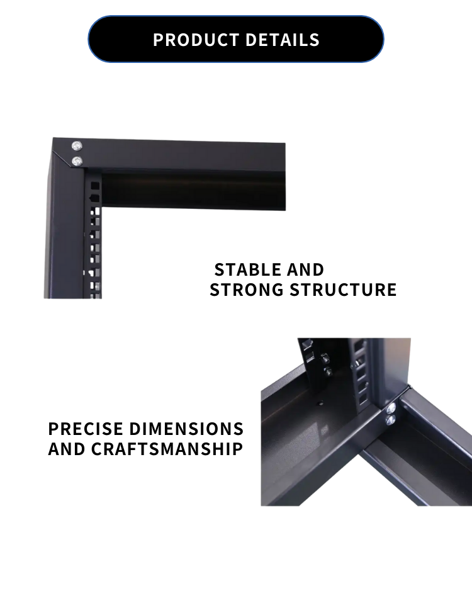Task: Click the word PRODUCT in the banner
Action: point(196,40)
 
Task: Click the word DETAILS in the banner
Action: point(283,40)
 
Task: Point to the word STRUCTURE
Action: point(343,290)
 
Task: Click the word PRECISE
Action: point(86,429)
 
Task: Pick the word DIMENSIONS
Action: point(186,429)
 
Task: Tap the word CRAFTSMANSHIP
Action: point(167,449)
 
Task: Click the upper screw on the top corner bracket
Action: point(77,145)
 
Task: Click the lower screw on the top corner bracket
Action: point(77,161)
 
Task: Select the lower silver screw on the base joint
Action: point(391,420)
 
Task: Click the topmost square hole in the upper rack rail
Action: point(95,186)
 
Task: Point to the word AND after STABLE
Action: point(305,269)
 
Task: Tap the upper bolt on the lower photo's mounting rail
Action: point(325,358)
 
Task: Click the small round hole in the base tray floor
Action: point(320,402)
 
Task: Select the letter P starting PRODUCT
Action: point(158,40)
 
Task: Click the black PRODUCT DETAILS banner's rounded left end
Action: point(99,39)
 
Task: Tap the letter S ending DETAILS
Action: point(315,40)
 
